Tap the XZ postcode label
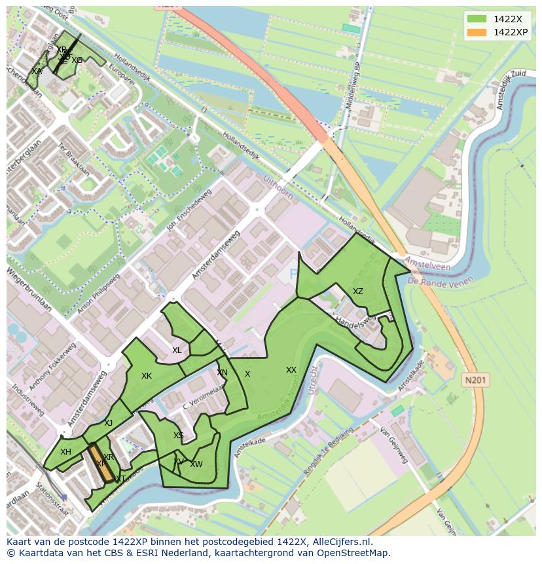358,291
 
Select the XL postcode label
177,350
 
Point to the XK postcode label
147,376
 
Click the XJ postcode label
109,423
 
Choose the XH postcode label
65,452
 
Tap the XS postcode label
179,436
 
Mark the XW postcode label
196,464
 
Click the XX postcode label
291,370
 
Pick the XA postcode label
37,71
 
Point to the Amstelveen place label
429,265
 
